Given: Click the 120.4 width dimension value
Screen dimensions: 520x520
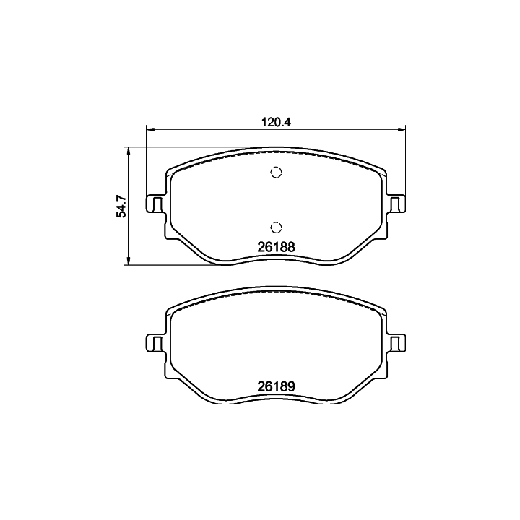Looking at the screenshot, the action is pyautogui.click(x=276, y=122).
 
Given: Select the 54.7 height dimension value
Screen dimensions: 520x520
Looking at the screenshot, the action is pyautogui.click(x=121, y=207).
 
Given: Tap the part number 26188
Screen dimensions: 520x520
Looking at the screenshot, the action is pyautogui.click(x=276, y=247).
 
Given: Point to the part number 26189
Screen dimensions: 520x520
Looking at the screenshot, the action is pyautogui.click(x=276, y=386).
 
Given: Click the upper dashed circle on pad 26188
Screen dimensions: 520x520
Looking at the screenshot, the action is pyautogui.click(x=276, y=172).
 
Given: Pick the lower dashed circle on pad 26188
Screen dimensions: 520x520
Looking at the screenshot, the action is pyautogui.click(x=276, y=227).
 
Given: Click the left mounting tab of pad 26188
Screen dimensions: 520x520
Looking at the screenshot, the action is pyautogui.click(x=155, y=204).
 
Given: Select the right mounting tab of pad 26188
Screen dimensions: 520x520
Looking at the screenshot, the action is pyautogui.click(x=396, y=204).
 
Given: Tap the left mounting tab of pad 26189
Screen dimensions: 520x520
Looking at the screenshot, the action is pyautogui.click(x=155, y=343).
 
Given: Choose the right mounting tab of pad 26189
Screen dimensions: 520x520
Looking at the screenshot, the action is pyautogui.click(x=396, y=343).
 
